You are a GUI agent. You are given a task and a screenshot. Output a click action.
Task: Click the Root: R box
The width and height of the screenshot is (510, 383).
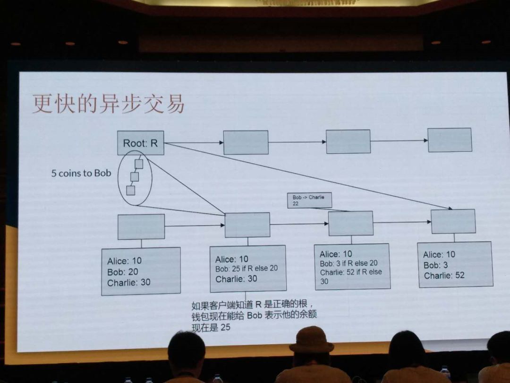tap(141, 143)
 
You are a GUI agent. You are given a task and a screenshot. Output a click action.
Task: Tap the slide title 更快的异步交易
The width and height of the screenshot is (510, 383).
tap(108, 104)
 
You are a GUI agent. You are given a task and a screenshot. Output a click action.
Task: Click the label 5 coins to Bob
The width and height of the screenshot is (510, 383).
tap(81, 173)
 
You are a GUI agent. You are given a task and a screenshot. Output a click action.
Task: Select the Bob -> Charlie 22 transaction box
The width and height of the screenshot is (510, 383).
tap(309, 200)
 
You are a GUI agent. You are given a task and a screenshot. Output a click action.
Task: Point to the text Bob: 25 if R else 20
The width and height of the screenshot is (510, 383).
tap(246, 269)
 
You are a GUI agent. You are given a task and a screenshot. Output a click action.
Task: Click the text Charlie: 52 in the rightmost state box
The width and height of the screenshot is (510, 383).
tap(444, 276)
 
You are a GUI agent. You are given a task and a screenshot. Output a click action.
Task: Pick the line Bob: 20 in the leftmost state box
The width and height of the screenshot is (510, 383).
tap(123, 271)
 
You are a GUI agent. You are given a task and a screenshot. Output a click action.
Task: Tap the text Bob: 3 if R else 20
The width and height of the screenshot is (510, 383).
tap(348, 263)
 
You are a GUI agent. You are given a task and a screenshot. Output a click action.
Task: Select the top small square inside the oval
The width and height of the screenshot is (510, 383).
tap(139, 164)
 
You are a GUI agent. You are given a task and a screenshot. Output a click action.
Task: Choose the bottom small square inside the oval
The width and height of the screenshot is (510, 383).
tap(131, 191)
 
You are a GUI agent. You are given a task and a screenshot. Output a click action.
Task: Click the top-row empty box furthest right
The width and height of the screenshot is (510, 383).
tap(450, 140)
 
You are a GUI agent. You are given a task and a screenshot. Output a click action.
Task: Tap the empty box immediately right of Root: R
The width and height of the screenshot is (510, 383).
tap(246, 142)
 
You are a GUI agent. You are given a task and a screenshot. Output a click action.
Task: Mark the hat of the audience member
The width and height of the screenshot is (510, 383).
tap(312, 339)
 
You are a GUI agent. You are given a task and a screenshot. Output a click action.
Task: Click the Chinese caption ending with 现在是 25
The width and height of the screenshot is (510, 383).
tap(254, 315)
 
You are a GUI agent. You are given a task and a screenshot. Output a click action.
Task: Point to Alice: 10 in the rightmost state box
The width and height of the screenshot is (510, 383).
tap(439, 254)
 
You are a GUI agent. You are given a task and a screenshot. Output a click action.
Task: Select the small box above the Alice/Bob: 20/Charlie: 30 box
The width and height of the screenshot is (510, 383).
tap(141, 226)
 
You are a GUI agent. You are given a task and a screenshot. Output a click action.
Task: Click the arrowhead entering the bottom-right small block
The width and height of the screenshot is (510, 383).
tap(429, 222)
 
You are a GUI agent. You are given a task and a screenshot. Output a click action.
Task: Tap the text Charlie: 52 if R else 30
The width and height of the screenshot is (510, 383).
tap(350, 276)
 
